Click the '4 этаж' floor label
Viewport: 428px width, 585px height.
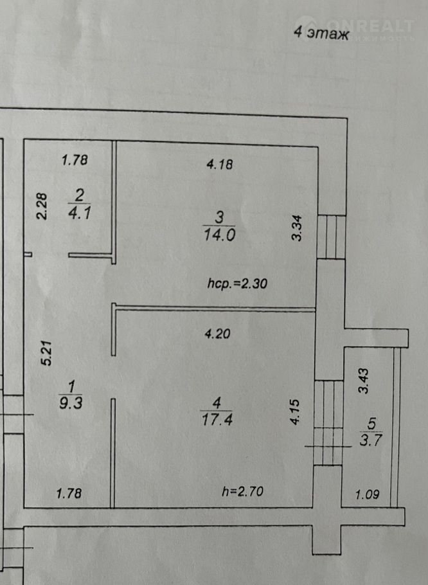tap(321, 33)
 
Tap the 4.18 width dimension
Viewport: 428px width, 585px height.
tap(219, 165)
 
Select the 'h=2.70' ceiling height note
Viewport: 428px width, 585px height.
tap(242, 492)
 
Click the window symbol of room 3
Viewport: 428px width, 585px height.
tap(331, 236)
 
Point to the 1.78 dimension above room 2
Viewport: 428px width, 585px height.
tap(75, 159)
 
